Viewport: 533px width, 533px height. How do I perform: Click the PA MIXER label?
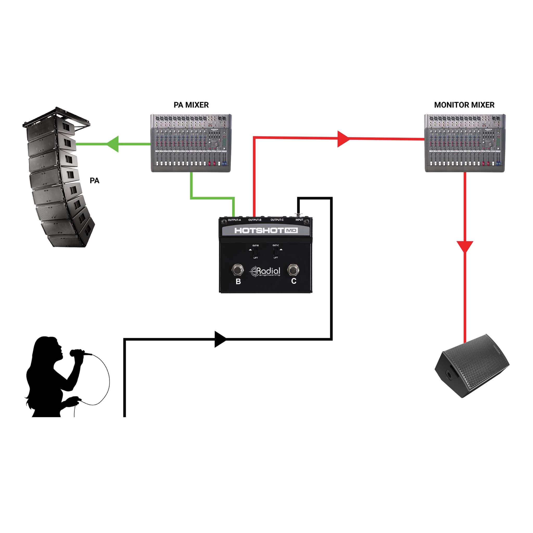click(x=191, y=105)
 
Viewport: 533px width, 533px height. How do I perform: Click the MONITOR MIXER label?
click(x=464, y=105)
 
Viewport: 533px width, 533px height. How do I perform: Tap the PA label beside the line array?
click(x=94, y=181)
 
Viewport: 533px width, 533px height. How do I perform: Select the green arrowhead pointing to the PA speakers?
click(x=113, y=144)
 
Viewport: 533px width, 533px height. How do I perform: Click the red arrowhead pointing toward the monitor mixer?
click(x=343, y=139)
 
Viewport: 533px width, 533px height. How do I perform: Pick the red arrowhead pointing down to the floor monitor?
click(x=465, y=246)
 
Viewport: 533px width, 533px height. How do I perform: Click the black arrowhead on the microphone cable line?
click(x=220, y=339)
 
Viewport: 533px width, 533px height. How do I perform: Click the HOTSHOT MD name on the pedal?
click(x=266, y=230)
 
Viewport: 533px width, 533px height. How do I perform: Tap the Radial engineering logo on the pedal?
click(x=265, y=271)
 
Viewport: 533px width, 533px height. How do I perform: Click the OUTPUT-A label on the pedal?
click(x=234, y=220)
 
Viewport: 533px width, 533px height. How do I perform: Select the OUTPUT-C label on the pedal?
click(x=277, y=220)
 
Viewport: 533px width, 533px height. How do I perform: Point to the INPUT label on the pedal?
click(x=299, y=220)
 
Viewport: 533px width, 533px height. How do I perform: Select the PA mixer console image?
click(x=191, y=143)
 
